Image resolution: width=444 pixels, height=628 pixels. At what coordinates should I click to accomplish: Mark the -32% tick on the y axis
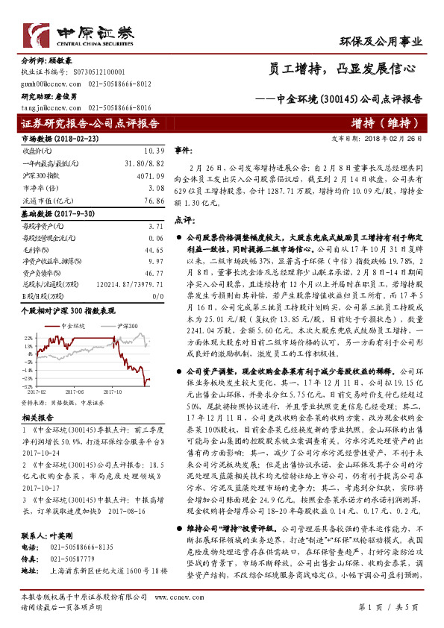[26, 385]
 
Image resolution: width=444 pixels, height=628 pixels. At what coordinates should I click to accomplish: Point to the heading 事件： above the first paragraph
[184, 151]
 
